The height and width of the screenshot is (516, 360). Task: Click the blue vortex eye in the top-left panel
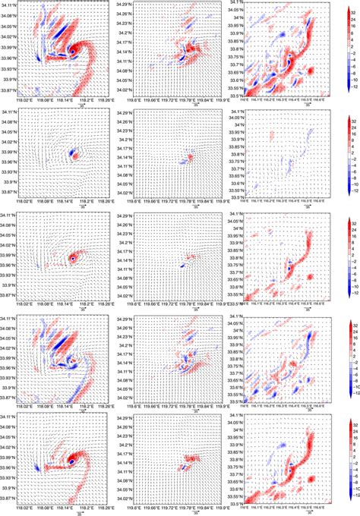pos(73,51)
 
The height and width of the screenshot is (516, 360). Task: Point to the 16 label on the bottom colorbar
pos(348,446)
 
